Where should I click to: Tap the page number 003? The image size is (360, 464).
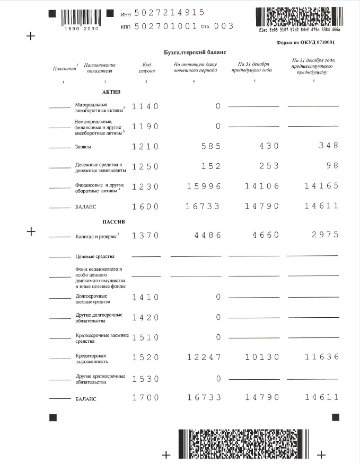(x=224, y=25)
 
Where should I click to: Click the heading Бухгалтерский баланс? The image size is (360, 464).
(x=195, y=52)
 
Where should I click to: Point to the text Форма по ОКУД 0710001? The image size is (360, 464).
(x=305, y=42)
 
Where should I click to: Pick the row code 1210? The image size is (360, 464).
(x=145, y=146)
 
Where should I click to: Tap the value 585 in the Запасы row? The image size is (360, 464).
(x=211, y=146)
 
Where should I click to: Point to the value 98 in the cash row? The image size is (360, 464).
(x=331, y=166)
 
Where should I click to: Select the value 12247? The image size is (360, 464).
(x=204, y=358)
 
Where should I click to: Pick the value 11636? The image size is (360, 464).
(x=321, y=358)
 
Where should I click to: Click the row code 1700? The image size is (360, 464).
(x=145, y=397)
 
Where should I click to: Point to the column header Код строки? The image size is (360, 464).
(x=146, y=67)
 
